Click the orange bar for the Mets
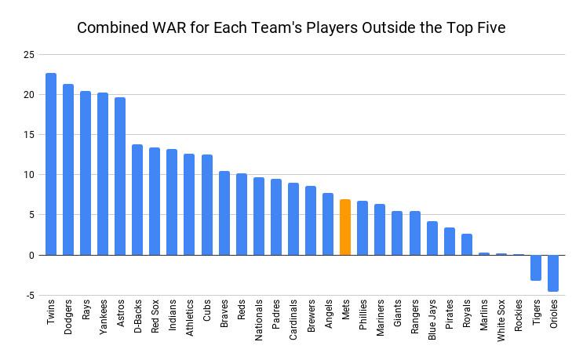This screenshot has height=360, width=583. [345, 227]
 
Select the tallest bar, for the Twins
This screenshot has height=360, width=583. [51, 164]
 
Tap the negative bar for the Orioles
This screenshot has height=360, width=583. [553, 273]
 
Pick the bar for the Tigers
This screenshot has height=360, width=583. [536, 267]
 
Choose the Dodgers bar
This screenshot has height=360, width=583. [68, 169]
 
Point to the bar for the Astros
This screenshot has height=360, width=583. [120, 176]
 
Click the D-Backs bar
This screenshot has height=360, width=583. [137, 200]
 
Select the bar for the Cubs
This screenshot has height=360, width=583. [206, 205]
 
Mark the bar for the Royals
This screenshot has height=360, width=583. [467, 244]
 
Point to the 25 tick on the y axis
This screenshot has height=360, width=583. [29, 55]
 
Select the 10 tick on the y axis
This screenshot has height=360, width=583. [29, 175]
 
